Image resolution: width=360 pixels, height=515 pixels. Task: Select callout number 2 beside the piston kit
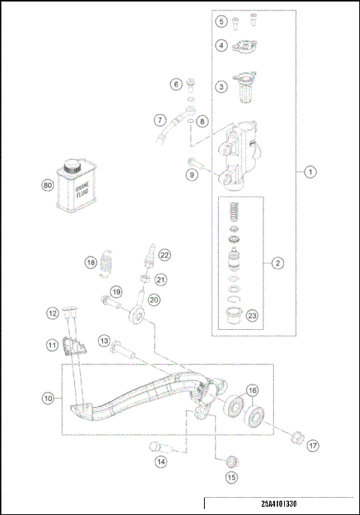coord(277,263)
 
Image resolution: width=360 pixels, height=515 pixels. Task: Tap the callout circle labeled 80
coord(48,186)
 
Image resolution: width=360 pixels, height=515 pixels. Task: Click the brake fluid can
coord(74,185)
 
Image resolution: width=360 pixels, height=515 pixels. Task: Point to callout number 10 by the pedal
coord(47,398)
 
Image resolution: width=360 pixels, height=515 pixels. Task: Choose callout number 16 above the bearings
coord(253,391)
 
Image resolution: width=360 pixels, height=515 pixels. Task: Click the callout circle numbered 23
coord(252,316)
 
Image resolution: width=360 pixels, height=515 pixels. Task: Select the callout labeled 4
coord(221,46)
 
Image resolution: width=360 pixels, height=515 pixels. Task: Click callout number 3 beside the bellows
coord(221,87)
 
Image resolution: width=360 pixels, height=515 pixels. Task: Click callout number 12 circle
coord(52,313)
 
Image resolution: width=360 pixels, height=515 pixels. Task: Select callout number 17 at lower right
coord(312,445)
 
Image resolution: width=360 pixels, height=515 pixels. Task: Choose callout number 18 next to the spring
coord(90,262)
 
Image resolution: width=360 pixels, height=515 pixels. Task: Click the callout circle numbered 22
coord(164,255)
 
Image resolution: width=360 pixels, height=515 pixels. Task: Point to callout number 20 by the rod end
coord(154,299)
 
